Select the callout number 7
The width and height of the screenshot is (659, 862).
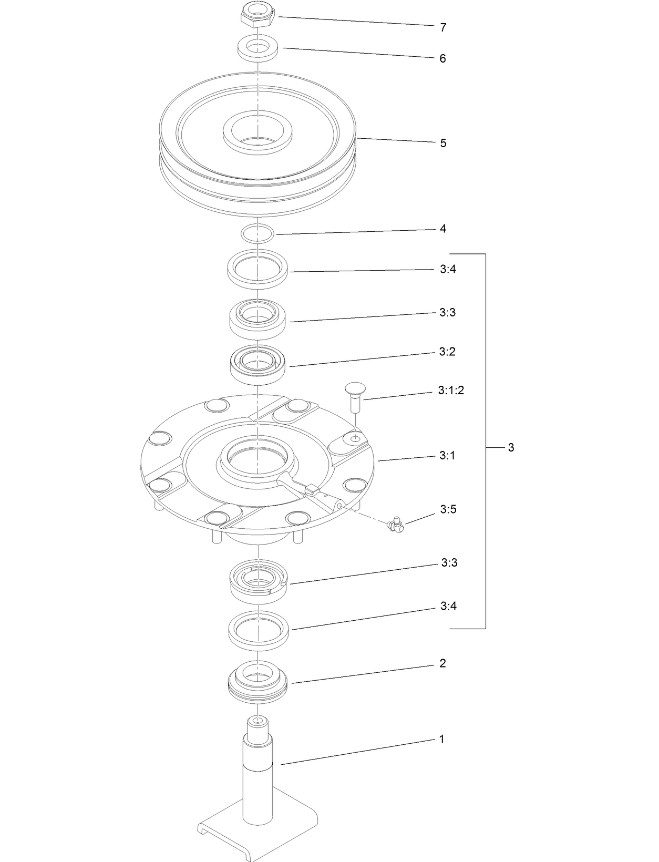443,28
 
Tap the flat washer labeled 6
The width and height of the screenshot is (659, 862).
258,48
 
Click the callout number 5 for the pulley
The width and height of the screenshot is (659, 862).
443,143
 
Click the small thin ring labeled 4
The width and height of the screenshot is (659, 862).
258,233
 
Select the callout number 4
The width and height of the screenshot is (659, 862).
443,229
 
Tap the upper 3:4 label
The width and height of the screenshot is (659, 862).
447,270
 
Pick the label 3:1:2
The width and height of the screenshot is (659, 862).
451,391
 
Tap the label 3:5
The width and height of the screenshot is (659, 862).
448,509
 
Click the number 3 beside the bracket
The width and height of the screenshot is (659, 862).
511,448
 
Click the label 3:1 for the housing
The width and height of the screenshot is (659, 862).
447,456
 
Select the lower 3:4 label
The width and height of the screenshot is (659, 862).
448,607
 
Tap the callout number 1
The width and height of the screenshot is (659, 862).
441,740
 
